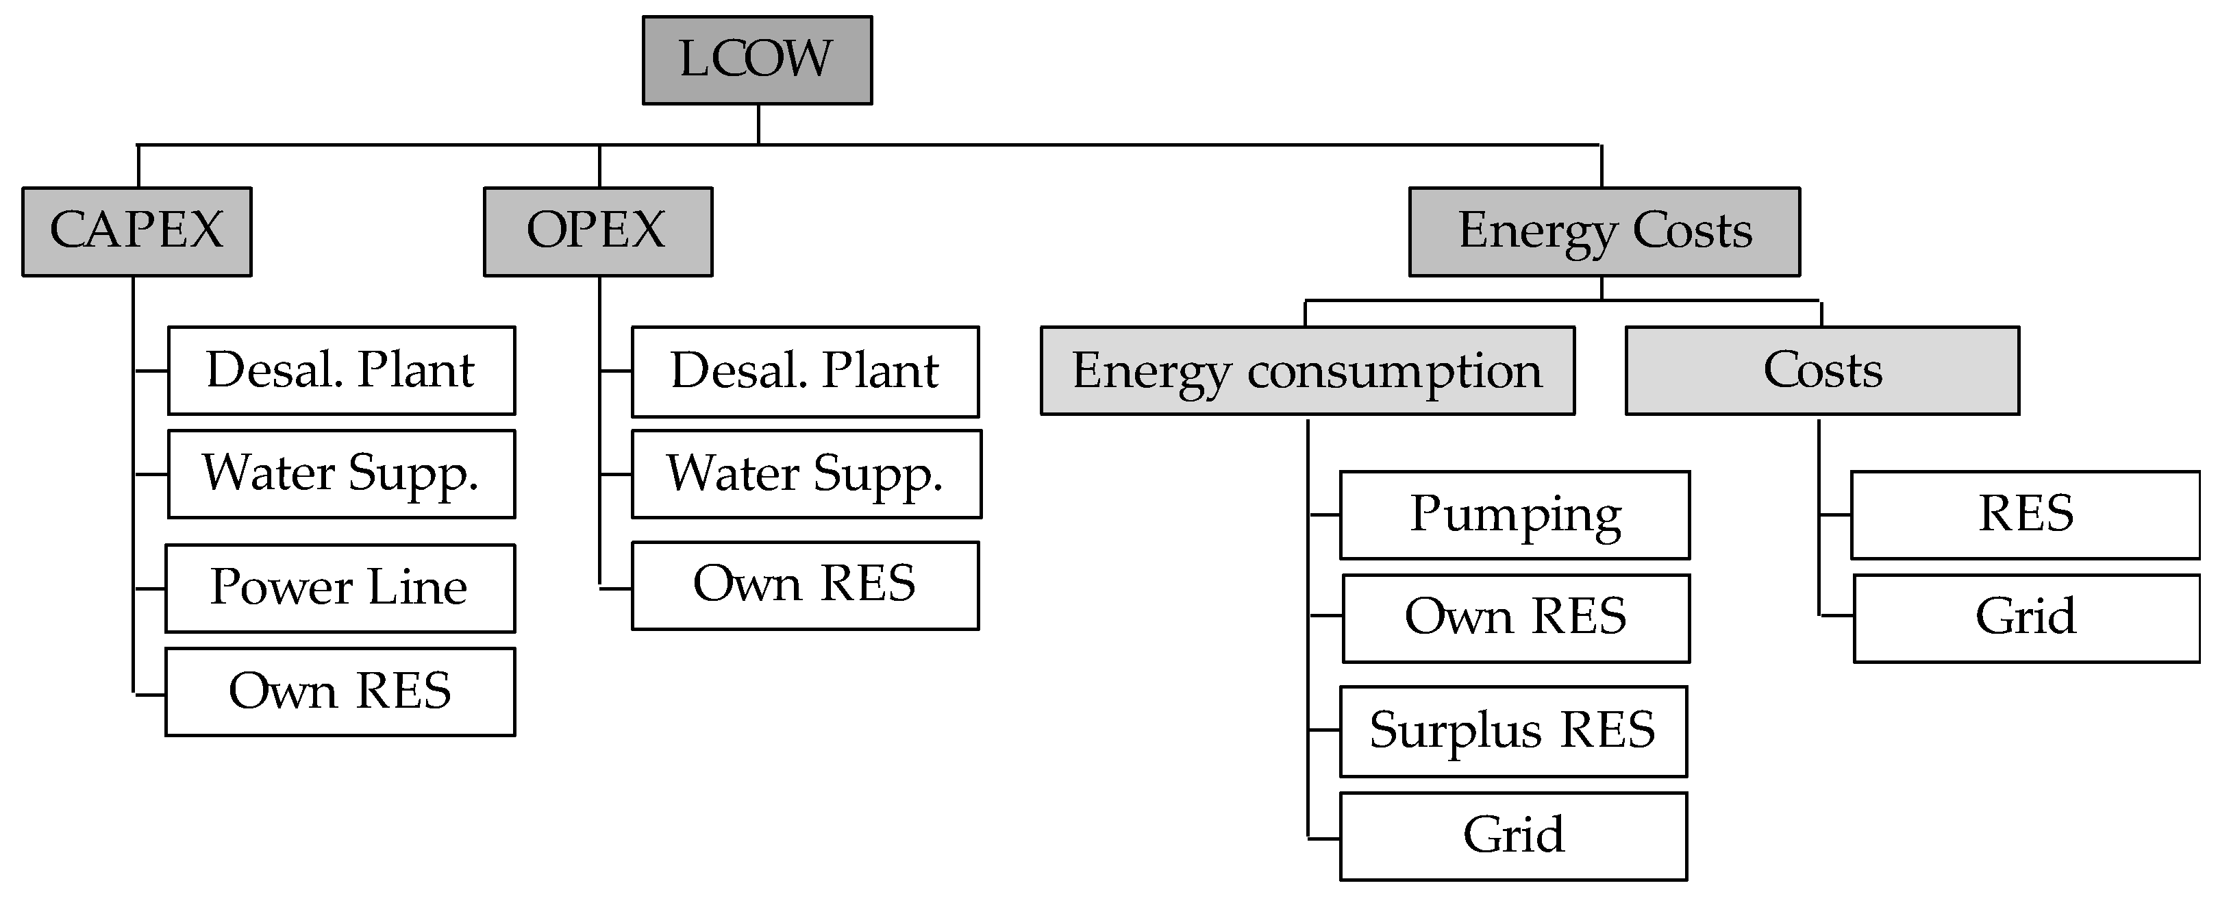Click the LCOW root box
pos(757,60)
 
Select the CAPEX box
pos(137,232)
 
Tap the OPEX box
pos(597,232)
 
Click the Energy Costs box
pos(1604,232)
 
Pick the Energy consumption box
pos(1307,371)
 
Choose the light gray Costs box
pos(1822,371)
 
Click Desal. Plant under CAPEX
pos(341,371)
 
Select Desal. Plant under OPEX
pos(805,372)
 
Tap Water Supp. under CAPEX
pos(341,474)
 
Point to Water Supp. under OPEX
pos(806,474)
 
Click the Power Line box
pos(340,588)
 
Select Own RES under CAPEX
pos(340,691)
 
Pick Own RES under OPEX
pos(805,585)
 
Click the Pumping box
pos(1515,515)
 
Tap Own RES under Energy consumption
pos(1515,618)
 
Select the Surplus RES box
pos(1513,731)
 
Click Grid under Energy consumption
pos(1513,836)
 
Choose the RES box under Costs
pos(2025,515)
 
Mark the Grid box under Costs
pos(2026,618)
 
